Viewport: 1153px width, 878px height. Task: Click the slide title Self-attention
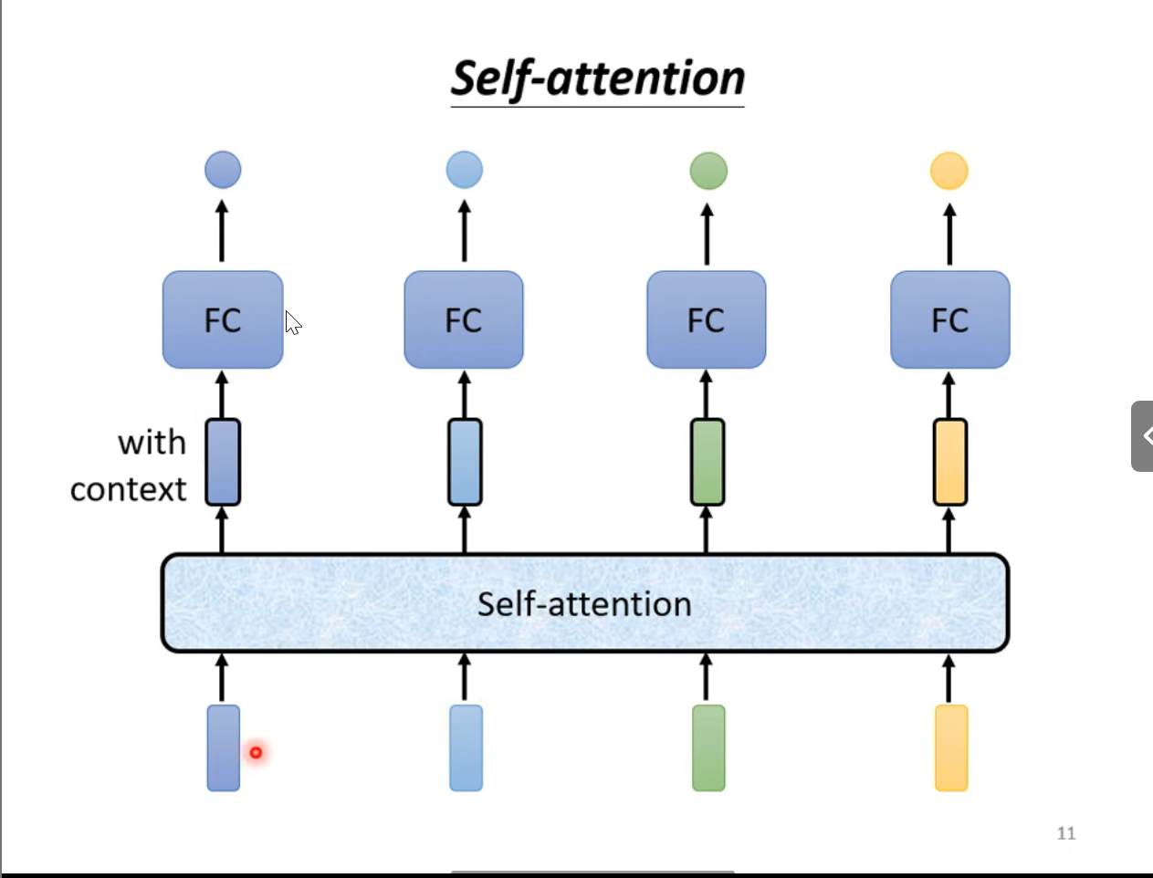point(598,78)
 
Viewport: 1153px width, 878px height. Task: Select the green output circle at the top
point(708,171)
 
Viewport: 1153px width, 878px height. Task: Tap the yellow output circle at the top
point(949,171)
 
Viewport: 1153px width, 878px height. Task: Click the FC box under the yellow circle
point(949,320)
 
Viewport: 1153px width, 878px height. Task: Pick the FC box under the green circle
point(706,320)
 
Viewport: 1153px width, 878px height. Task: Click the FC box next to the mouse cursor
point(223,320)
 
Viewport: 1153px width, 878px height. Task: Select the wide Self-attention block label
point(584,604)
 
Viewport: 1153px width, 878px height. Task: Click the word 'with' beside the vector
point(152,444)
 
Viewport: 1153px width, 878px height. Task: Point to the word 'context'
point(128,490)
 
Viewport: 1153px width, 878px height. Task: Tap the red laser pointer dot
point(256,752)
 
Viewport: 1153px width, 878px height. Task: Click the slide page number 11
point(1066,833)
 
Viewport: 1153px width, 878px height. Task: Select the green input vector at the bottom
point(708,747)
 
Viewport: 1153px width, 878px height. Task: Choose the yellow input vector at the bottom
point(950,747)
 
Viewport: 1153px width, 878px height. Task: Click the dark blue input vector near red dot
point(223,747)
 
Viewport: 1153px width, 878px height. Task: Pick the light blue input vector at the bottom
point(466,747)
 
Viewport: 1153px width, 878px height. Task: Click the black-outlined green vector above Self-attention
point(708,462)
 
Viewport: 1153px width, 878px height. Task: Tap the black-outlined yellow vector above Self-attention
point(949,462)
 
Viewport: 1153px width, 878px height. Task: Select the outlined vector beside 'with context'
point(223,462)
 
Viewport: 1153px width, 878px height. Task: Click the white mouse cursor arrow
point(292,322)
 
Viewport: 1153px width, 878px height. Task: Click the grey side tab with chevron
point(1142,436)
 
